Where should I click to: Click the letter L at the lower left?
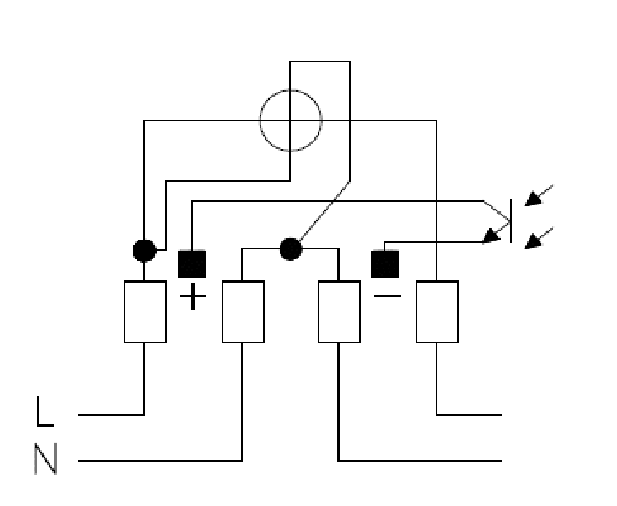[x=44, y=412]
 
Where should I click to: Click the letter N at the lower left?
[x=46, y=459]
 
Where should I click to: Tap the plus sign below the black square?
[x=193, y=296]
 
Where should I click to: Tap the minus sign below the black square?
[x=388, y=296]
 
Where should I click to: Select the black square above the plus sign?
[x=192, y=264]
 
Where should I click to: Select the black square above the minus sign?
[x=385, y=264]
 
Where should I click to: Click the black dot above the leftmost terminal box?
[x=145, y=250]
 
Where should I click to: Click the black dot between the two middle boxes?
[x=291, y=249]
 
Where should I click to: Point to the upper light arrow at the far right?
[x=539, y=195]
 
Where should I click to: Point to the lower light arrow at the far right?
[x=539, y=238]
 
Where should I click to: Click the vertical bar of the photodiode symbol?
[x=511, y=221]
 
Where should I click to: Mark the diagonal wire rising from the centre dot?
[x=325, y=211]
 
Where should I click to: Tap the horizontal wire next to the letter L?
[x=112, y=414]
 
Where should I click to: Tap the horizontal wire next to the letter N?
[x=160, y=460]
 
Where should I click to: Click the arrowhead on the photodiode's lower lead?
[x=491, y=235]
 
